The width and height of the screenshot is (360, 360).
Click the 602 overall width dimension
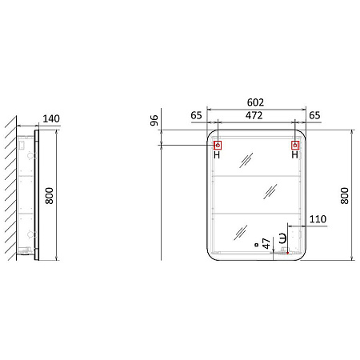[255, 102]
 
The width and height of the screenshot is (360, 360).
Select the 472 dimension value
[255, 116]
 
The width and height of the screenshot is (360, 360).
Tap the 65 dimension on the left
[196, 116]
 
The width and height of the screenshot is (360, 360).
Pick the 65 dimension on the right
[314, 116]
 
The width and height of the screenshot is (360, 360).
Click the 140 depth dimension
[50, 119]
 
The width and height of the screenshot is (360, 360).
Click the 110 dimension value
[318, 218]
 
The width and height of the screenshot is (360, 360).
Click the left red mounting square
[217, 146]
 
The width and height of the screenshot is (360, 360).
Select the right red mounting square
[295, 146]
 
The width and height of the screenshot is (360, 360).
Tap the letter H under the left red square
[217, 156]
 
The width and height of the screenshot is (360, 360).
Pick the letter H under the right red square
[295, 156]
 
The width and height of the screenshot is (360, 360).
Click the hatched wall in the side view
[9, 192]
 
